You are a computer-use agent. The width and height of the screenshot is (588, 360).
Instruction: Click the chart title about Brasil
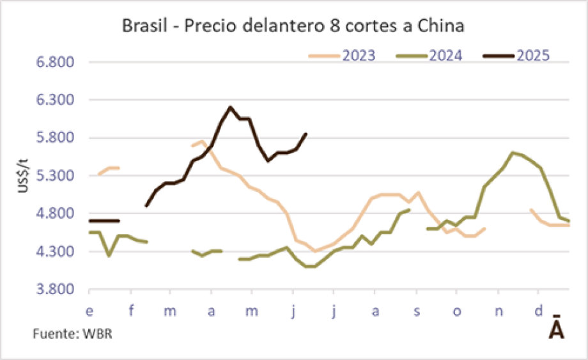pos(293,27)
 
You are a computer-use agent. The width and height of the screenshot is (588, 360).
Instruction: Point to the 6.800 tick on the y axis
pos(58,63)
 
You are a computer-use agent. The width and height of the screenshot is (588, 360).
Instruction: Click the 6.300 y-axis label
pos(58,100)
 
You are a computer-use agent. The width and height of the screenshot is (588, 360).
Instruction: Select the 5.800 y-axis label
pos(58,138)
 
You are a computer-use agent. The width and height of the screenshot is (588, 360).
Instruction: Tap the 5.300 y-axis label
pos(58,176)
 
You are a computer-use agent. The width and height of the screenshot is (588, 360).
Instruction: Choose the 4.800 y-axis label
pos(58,214)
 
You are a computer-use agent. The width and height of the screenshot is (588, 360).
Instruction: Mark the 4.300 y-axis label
pos(58,251)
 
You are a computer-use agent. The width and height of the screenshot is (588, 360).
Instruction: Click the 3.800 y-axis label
pos(58,289)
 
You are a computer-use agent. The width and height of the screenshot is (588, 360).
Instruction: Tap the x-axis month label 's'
pos(416,311)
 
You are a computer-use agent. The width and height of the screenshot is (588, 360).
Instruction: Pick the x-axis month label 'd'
pos(539,311)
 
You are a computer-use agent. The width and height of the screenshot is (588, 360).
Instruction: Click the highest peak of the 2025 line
pos(230,107)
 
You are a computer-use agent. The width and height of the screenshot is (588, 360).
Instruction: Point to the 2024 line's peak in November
pos(513,152)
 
